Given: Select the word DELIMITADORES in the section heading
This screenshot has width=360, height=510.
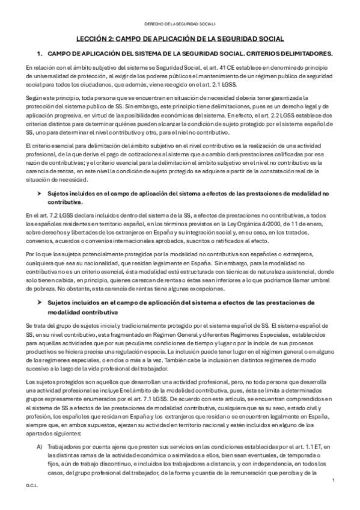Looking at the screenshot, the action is tap(304, 54).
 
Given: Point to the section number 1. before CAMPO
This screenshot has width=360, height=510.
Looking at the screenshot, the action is tap(40, 54).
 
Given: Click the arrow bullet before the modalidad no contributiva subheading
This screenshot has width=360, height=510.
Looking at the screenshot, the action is tap(40, 194).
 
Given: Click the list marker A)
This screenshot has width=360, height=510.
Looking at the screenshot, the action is tap(40, 445).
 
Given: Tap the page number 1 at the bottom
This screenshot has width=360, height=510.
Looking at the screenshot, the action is tap(333, 479).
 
